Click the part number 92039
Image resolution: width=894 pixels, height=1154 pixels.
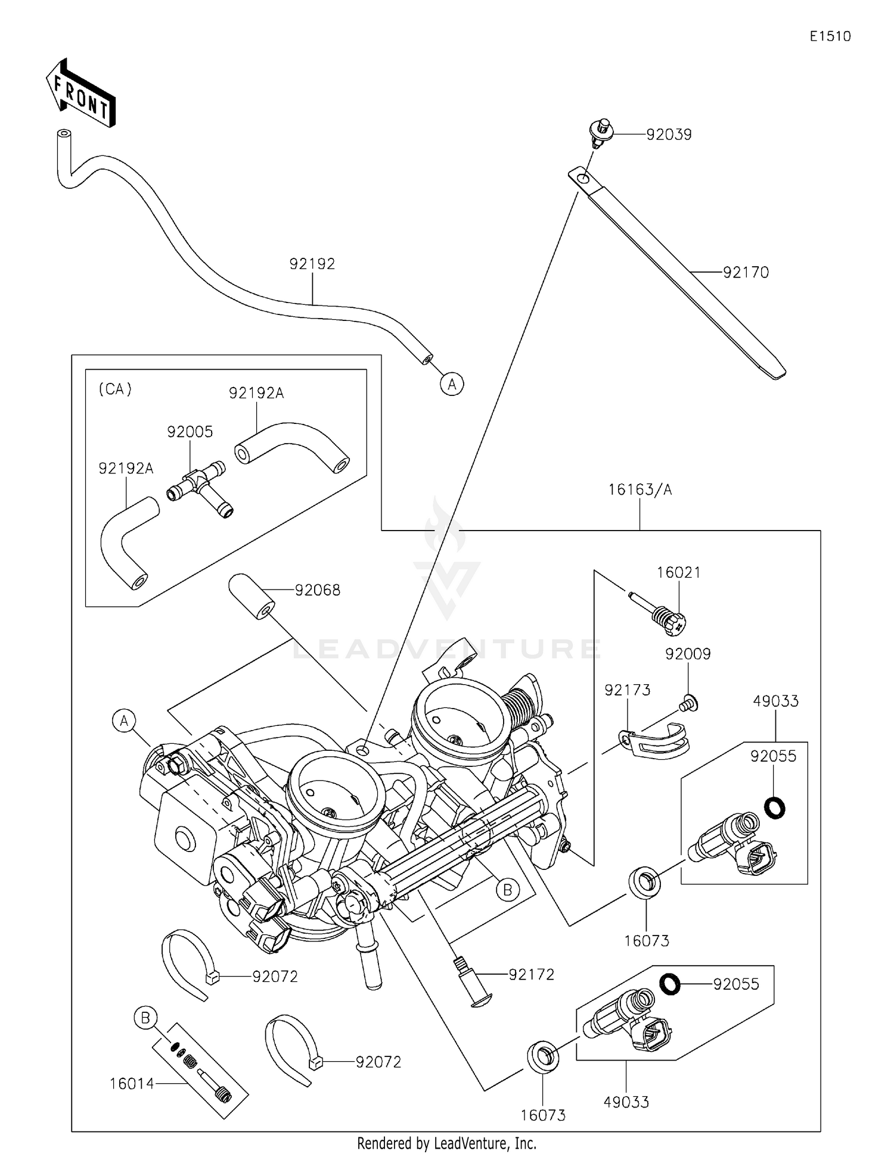(x=669, y=135)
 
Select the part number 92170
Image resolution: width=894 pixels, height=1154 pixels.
(x=746, y=273)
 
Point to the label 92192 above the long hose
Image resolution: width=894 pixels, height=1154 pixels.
(x=312, y=264)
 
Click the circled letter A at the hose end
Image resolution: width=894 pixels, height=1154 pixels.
(x=452, y=384)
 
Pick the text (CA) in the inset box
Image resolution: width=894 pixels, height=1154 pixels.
(x=114, y=389)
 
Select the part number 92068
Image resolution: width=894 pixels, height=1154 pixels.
(x=318, y=590)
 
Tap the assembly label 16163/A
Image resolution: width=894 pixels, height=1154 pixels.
(x=640, y=490)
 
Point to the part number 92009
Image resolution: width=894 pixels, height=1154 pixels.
(x=688, y=654)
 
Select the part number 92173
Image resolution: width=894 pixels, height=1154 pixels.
(x=627, y=690)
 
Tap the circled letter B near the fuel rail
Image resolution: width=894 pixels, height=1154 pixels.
(x=507, y=890)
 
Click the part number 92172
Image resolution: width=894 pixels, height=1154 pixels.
(x=531, y=975)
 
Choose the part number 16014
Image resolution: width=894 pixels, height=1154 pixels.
(x=132, y=1084)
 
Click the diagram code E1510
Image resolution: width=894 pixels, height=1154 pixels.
(x=830, y=36)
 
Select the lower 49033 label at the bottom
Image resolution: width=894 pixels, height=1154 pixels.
(x=626, y=1102)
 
